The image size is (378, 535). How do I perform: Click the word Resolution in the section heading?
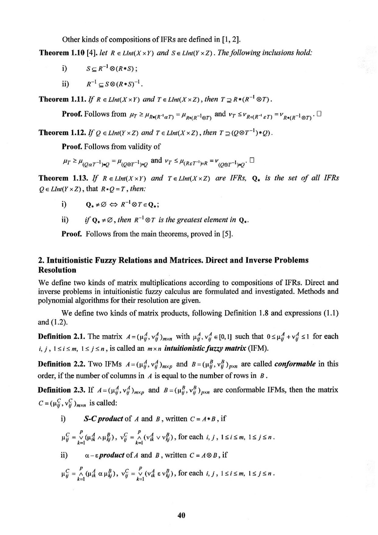[55, 270]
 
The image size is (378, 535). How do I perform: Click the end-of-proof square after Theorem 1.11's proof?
[318, 113]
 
